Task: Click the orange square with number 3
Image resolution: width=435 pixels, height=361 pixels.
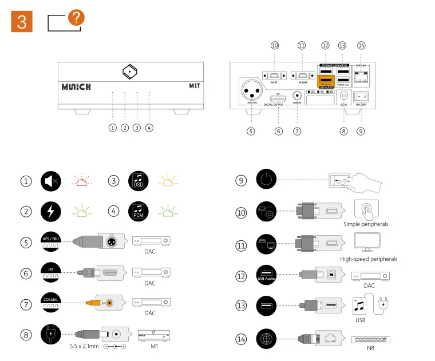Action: tap(21, 22)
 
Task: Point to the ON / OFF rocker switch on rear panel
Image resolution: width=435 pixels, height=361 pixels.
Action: tap(361, 97)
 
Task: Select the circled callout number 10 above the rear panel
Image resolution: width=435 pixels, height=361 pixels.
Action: tap(275, 45)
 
